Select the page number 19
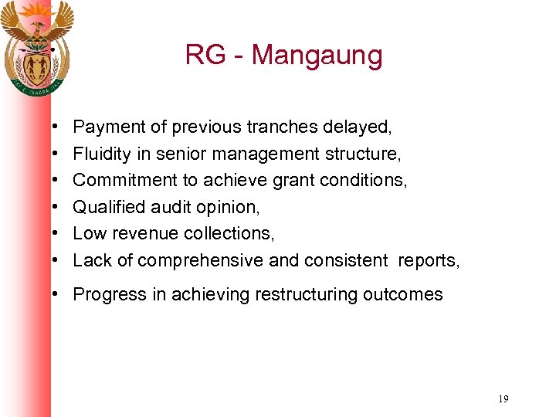click(x=503, y=399)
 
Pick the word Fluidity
click(x=100, y=153)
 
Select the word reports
click(x=428, y=261)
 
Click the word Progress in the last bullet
click(x=104, y=294)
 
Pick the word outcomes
click(x=402, y=294)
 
